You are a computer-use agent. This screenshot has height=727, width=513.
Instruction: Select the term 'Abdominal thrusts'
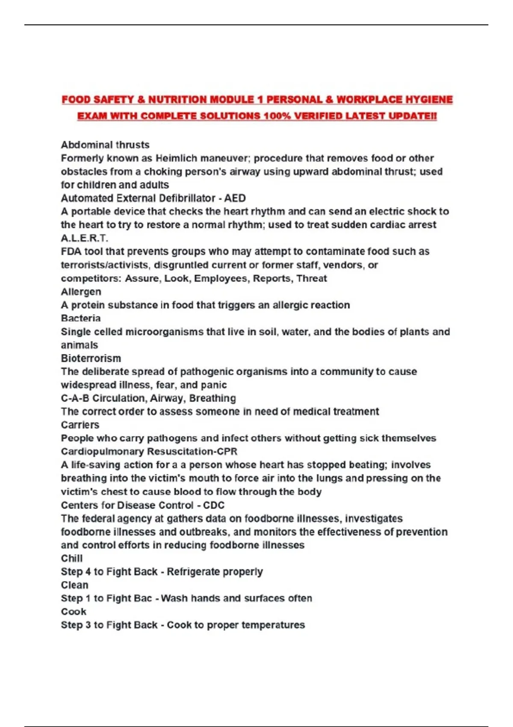[x=105, y=145]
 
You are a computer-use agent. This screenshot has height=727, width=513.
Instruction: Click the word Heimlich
[x=177, y=158]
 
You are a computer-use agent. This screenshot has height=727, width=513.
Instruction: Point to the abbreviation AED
[x=235, y=198]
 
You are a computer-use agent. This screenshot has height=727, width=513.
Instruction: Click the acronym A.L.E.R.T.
[x=85, y=238]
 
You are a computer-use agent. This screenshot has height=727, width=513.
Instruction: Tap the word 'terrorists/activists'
[x=105, y=265]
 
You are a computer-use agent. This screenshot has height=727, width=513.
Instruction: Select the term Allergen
[x=81, y=292]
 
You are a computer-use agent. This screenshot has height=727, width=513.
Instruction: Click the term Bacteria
[x=81, y=318]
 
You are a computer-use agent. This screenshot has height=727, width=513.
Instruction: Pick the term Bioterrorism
[x=91, y=358]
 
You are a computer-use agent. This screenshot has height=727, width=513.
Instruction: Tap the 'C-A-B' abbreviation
[x=75, y=398]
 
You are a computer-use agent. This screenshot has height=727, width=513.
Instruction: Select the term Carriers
[x=80, y=425]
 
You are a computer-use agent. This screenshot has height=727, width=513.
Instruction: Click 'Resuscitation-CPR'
[x=192, y=452]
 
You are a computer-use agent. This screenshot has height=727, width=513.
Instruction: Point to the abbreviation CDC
[x=214, y=505]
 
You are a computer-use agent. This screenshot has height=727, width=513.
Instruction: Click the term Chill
[x=72, y=559]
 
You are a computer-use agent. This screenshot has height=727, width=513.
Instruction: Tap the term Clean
[x=75, y=585]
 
